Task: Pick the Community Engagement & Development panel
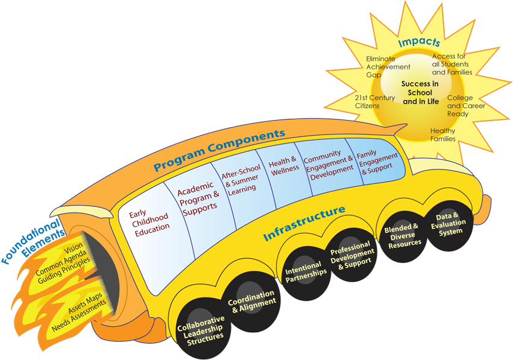point(329,162)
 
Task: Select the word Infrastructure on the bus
point(304,223)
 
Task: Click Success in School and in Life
point(420,92)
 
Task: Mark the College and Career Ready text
point(465,106)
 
